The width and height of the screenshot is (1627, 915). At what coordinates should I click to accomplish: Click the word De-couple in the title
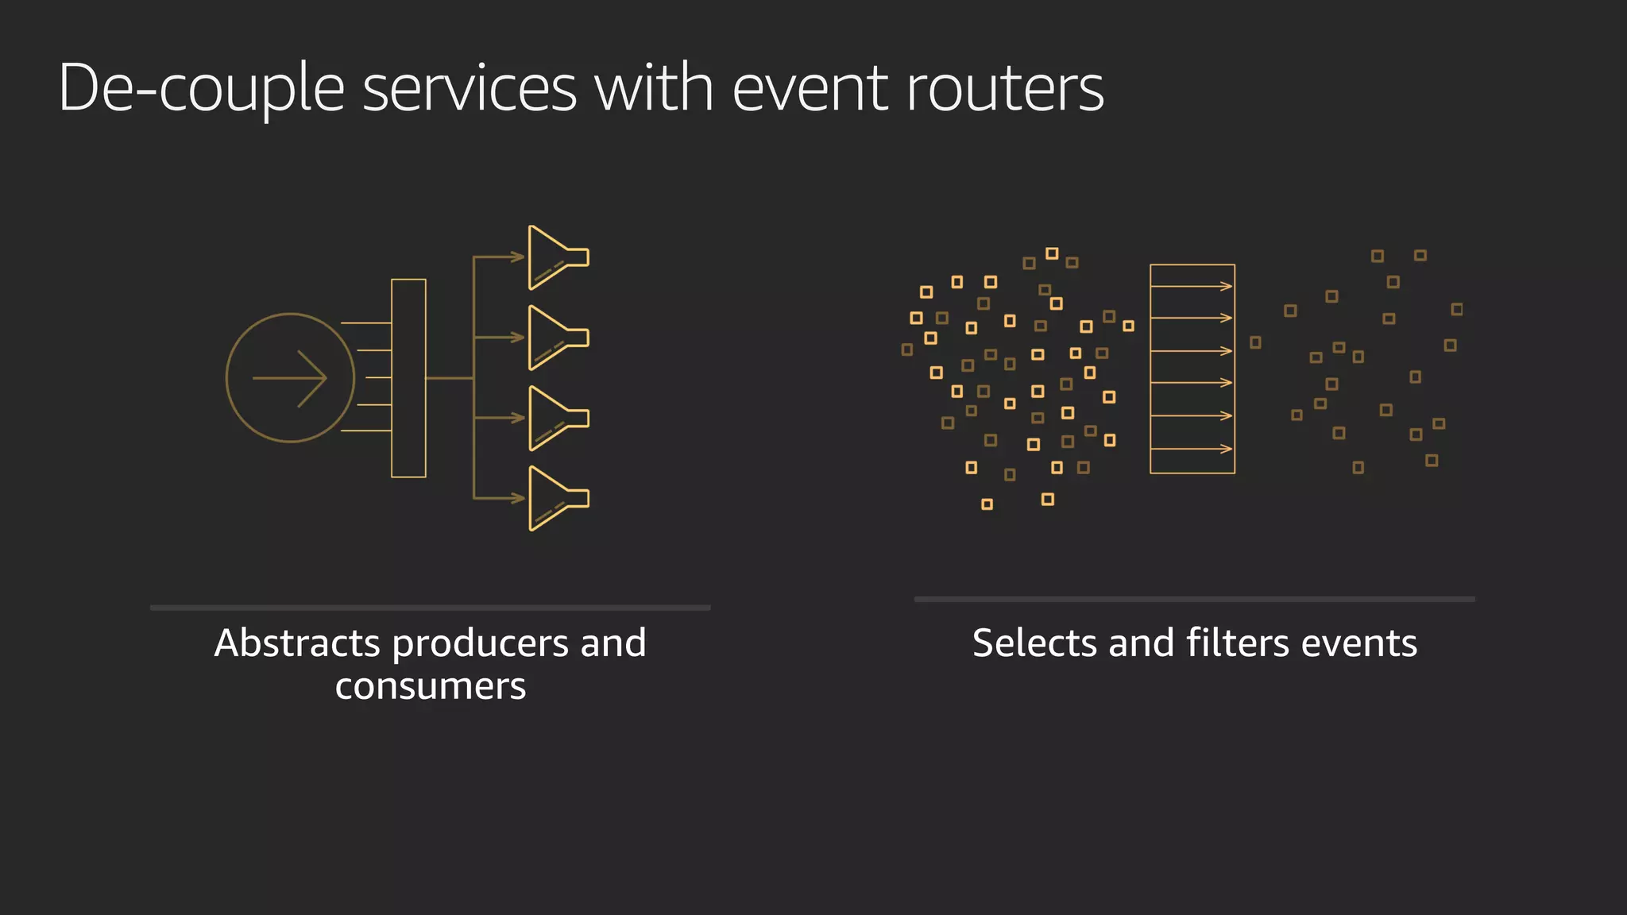click(x=201, y=89)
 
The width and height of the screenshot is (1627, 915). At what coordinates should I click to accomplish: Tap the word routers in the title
click(x=1004, y=89)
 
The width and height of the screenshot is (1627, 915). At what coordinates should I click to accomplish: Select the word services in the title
click(x=469, y=89)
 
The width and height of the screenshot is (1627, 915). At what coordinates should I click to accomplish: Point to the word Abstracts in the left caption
click(x=296, y=643)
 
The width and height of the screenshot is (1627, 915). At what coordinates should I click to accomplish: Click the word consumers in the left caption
click(x=430, y=686)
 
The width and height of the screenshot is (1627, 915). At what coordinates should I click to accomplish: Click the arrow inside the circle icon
click(x=290, y=378)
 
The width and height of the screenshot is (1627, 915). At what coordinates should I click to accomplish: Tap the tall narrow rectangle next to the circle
click(x=408, y=378)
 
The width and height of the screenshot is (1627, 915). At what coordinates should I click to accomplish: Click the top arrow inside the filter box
click(x=1192, y=286)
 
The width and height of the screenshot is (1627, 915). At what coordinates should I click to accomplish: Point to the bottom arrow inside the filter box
click(x=1192, y=449)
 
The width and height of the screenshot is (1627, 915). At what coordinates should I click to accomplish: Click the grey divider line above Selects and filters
click(x=1194, y=599)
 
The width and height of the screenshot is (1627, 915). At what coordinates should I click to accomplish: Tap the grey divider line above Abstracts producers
click(x=430, y=608)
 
